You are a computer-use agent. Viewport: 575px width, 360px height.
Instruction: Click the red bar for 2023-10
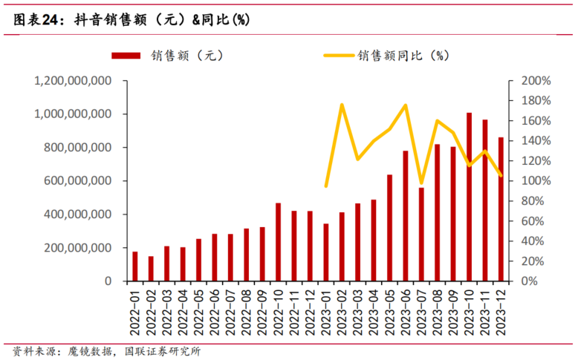click(469, 197)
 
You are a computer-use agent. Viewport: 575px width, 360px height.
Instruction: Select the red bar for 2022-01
click(135, 266)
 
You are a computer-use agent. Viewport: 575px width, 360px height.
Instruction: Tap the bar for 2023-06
click(406, 216)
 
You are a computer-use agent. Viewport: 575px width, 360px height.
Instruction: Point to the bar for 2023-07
click(421, 235)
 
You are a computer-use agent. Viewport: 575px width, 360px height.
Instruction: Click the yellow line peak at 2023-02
click(342, 105)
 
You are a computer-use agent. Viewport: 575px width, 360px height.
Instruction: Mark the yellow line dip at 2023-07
click(421, 183)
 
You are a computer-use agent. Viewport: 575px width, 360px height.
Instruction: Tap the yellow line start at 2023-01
click(326, 186)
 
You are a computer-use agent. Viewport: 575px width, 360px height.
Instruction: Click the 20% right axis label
click(536, 261)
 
